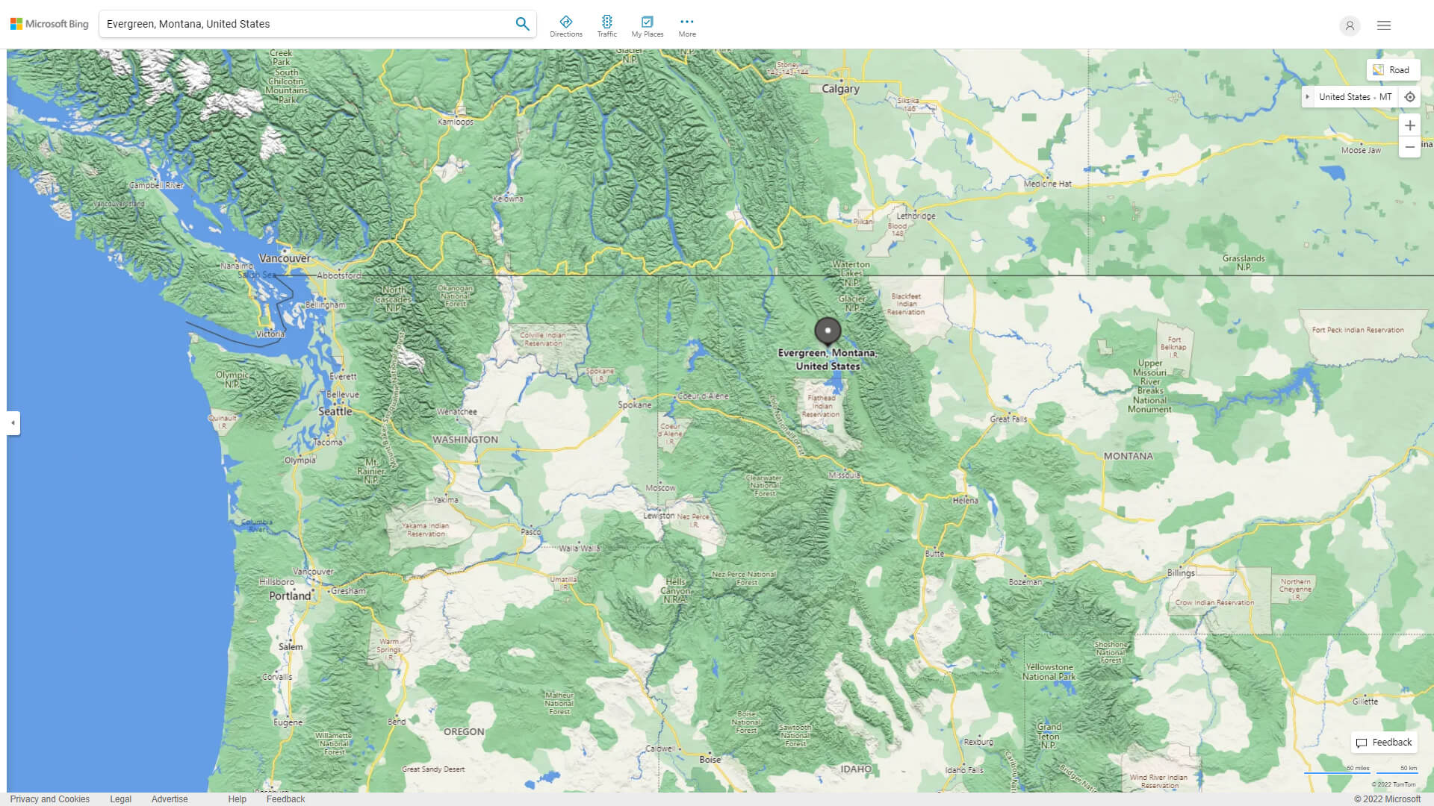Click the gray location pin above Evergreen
828,331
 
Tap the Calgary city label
840,89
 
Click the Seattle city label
335,411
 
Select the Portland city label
290,596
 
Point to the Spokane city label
634,404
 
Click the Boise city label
710,760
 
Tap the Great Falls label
1008,419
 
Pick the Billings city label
1181,573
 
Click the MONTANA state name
1128,456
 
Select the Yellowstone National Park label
1049,672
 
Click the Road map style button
1392,70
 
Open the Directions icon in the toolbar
565,25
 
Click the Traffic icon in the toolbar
606,25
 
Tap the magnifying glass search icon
522,24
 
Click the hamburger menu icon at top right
1384,25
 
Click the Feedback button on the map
1384,743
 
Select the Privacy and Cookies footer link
49,799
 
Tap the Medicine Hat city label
1047,184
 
